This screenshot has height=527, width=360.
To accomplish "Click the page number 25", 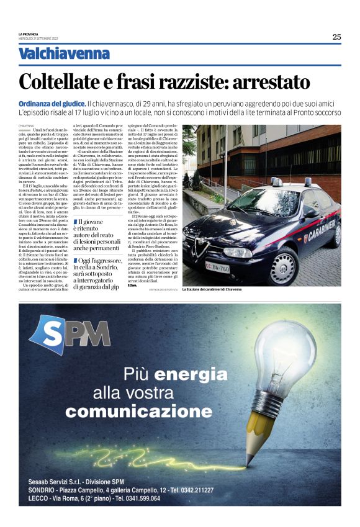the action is point(336,37).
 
